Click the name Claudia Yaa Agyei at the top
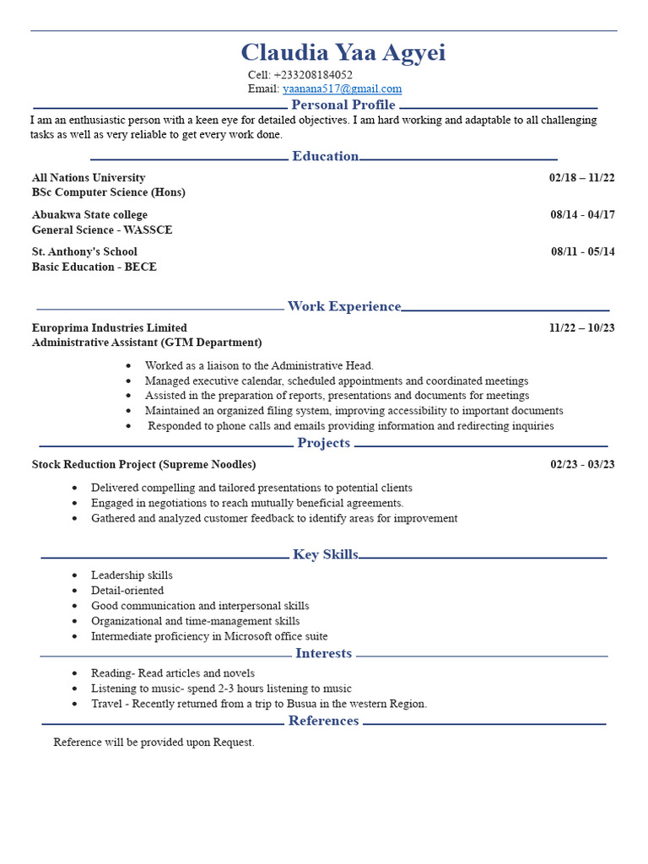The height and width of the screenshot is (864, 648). pos(343,53)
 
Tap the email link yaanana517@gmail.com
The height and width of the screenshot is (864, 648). pos(342,89)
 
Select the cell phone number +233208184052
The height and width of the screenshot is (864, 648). pos(312,74)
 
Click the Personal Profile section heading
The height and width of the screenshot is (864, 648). pos(343,105)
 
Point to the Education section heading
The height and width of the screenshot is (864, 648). pos(325,156)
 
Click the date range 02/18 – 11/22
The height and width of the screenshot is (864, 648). pos(581,178)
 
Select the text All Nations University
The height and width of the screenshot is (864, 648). pos(89,178)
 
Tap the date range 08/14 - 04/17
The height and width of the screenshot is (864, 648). pos(582,215)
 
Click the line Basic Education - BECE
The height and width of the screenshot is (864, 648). pos(94,267)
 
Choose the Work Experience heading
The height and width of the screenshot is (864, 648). pos(343,306)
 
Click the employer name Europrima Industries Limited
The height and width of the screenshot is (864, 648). pos(110,328)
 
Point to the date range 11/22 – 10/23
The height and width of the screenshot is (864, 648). pos(581,328)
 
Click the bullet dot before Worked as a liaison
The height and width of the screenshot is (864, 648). pos(128,366)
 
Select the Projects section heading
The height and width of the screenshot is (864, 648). pos(323,443)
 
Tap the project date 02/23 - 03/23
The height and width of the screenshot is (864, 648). pos(582,465)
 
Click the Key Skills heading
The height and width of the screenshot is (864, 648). pos(325,554)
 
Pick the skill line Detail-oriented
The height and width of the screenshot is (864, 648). pos(127,591)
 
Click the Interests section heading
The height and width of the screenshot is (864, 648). pos(323,653)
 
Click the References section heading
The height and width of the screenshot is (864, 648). pos(323,721)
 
